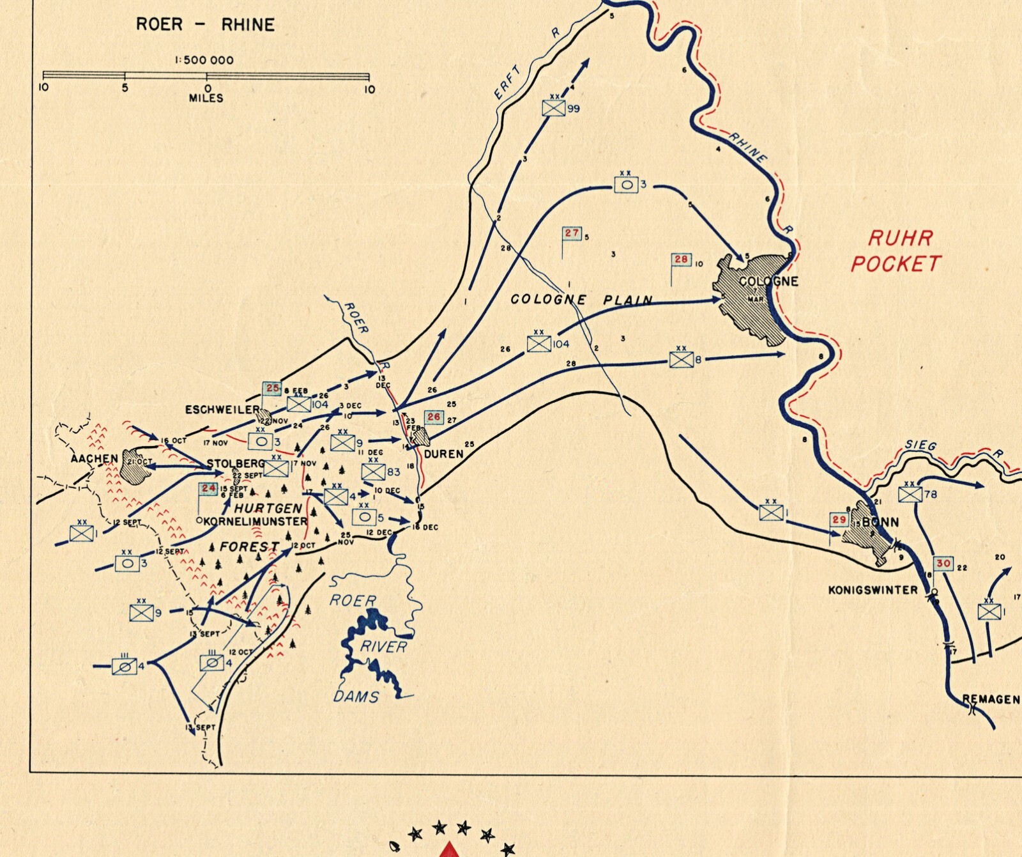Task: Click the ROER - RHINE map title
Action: pyautogui.click(x=205, y=25)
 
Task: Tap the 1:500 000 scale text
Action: pyautogui.click(x=204, y=60)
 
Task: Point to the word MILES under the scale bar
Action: pyautogui.click(x=206, y=98)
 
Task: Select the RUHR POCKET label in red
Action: pyautogui.click(x=896, y=251)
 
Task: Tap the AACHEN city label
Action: pyautogui.click(x=95, y=458)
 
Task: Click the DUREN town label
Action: pyautogui.click(x=443, y=454)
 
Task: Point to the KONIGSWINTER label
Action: pyautogui.click(x=873, y=590)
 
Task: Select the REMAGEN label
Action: pyautogui.click(x=991, y=699)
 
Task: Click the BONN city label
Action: pyautogui.click(x=880, y=522)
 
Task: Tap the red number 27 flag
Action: pyautogui.click(x=572, y=233)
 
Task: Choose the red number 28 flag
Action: pyautogui.click(x=682, y=259)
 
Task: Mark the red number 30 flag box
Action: pyautogui.click(x=943, y=564)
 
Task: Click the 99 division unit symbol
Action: pyautogui.click(x=554, y=108)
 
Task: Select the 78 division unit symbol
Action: pyautogui.click(x=910, y=494)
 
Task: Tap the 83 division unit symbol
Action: pyautogui.click(x=372, y=472)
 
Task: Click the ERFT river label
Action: pyautogui.click(x=508, y=82)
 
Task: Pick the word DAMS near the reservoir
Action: pyautogui.click(x=356, y=696)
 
